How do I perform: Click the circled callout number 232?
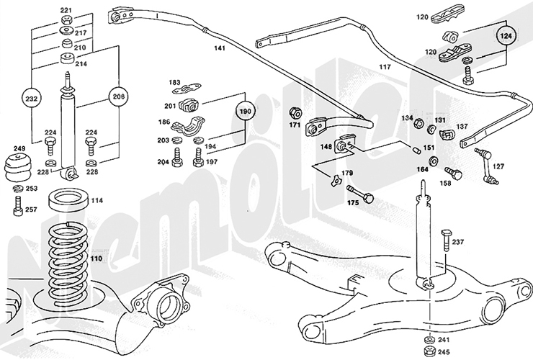tap(31, 96)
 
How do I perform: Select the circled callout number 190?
tap(246, 113)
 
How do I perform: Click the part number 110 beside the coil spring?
tap(97, 257)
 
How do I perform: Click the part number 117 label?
tap(385, 67)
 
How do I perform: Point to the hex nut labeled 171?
tap(295, 113)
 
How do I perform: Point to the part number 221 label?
tap(66, 10)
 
